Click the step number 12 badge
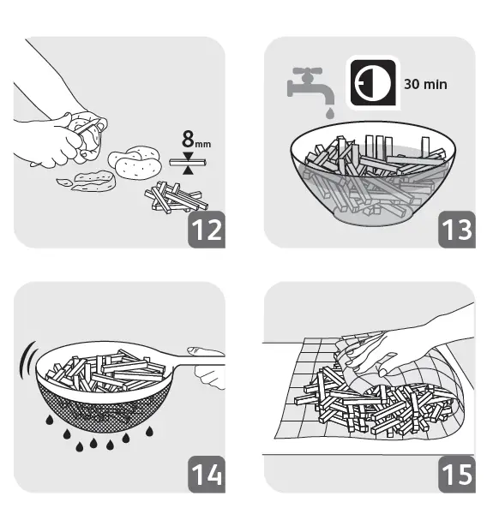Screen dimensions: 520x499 click(207, 229)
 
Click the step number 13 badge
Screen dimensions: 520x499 click(456, 229)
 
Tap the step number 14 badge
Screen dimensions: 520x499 click(207, 473)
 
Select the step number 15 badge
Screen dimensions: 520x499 click(456, 473)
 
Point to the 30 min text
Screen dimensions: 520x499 click(425, 85)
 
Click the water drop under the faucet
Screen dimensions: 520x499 click(329, 112)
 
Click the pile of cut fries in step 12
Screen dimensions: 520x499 click(175, 198)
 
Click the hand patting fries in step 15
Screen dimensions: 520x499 click(403, 347)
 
